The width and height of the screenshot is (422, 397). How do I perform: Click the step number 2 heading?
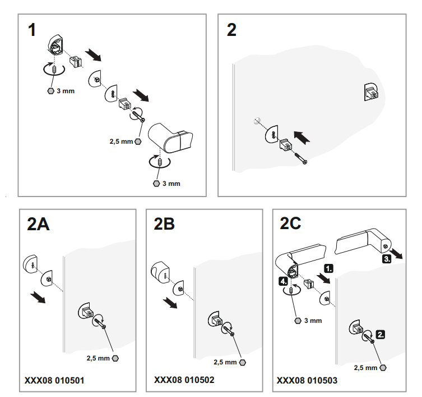[231, 30]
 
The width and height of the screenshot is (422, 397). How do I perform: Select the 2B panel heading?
[164, 224]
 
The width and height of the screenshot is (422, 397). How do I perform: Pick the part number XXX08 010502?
[184, 380]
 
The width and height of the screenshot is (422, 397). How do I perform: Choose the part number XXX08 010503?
[307, 380]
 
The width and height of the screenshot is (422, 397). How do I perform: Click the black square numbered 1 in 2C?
[328, 268]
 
